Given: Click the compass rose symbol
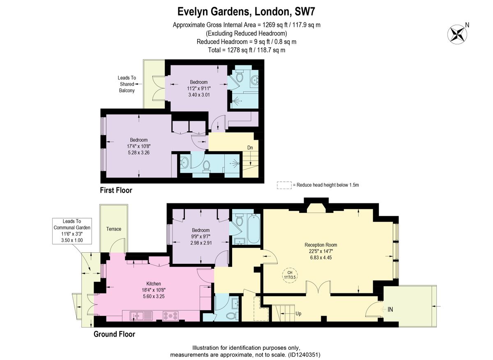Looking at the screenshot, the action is pos(457,35).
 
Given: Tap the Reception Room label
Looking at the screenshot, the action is pos(321,245).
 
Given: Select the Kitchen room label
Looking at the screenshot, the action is pos(154,284).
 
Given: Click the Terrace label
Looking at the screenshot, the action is pos(113,229).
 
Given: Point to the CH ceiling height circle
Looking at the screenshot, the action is pos(290,275).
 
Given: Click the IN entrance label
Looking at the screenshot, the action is pos(390,309).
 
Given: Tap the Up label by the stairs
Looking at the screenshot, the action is pos(298,314).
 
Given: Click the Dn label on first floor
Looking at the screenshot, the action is pos(250,148).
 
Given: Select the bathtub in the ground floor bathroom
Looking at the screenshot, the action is pos(254,228).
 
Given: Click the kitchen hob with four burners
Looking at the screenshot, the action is pos(170,316).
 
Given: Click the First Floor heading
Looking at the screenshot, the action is pos(116,190).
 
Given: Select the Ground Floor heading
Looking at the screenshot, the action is pos(114,334).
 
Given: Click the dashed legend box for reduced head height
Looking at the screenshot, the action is pos(284,185).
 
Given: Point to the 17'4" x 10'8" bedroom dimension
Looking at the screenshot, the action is pos(139,146).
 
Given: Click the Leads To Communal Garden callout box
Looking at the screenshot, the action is pos(72,231).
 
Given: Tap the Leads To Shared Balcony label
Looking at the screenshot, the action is pos(127,84).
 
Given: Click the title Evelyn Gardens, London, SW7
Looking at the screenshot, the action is pos(246,12).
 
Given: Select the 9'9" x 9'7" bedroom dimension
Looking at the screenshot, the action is pos(200,236).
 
